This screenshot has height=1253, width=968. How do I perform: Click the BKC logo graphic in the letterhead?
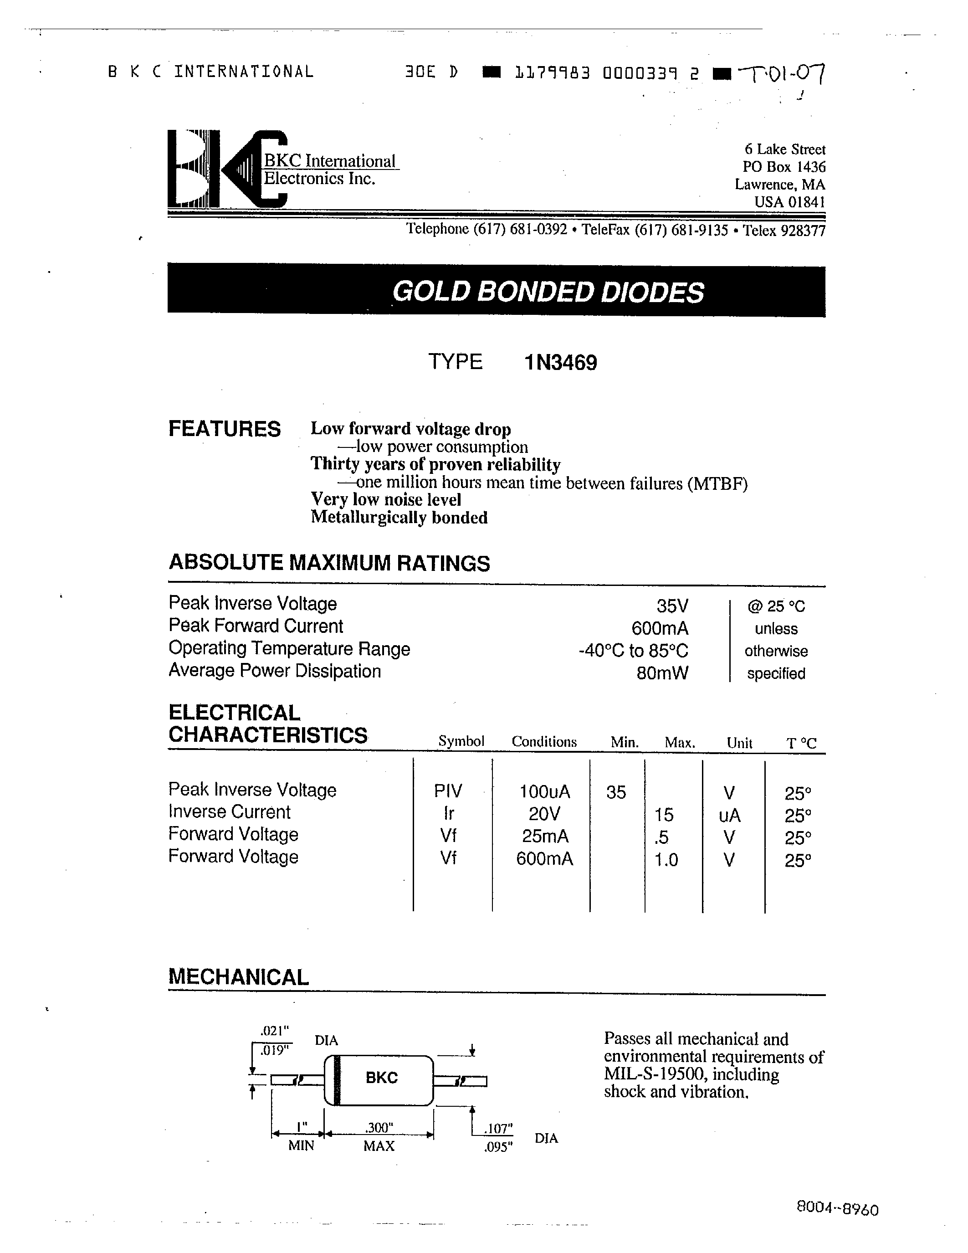[x=226, y=169]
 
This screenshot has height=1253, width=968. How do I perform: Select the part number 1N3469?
[x=561, y=363]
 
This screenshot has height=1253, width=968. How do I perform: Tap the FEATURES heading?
[x=224, y=429]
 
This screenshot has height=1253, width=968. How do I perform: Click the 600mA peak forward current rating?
[x=660, y=628]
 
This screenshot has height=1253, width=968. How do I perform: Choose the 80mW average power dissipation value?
[x=662, y=673]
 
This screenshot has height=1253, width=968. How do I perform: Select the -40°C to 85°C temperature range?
[x=633, y=651]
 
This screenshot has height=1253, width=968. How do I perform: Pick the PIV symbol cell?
[x=448, y=791]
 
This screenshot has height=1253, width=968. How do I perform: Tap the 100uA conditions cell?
[x=544, y=792]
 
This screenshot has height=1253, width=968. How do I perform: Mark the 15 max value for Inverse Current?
[x=664, y=815]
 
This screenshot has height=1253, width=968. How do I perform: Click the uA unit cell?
[x=729, y=815]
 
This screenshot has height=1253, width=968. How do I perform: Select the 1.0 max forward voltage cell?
[x=666, y=859]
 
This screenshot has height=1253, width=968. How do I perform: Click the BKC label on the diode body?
[x=381, y=1078]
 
